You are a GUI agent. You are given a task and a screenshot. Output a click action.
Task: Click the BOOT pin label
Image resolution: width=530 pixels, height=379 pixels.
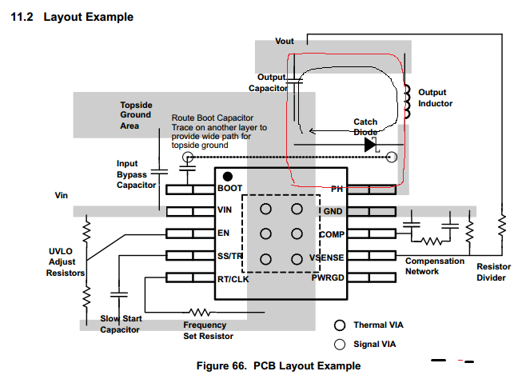[x=229, y=189]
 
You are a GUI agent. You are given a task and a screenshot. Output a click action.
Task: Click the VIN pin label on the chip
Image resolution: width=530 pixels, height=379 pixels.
[x=225, y=211]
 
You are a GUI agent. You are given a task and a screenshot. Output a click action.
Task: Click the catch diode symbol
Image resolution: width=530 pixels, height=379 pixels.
[x=370, y=145]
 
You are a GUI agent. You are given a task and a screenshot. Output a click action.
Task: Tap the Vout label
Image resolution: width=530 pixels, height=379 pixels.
[x=285, y=40]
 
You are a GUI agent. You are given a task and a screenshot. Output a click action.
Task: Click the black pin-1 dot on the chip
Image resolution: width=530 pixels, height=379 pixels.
[x=228, y=176]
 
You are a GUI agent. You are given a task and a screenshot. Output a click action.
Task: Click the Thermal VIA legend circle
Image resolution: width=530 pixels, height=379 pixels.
[x=340, y=325]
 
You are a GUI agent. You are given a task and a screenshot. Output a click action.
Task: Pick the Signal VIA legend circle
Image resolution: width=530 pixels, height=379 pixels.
[x=340, y=344]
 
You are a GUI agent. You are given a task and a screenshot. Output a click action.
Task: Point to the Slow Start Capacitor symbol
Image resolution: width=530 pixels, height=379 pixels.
[x=119, y=295]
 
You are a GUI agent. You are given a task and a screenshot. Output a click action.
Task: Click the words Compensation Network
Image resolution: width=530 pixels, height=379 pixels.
[x=433, y=266]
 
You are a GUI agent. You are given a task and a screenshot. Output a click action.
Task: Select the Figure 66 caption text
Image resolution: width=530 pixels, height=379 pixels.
[x=278, y=365]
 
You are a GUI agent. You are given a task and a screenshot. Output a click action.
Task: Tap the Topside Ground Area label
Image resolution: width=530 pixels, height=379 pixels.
[x=136, y=115]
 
